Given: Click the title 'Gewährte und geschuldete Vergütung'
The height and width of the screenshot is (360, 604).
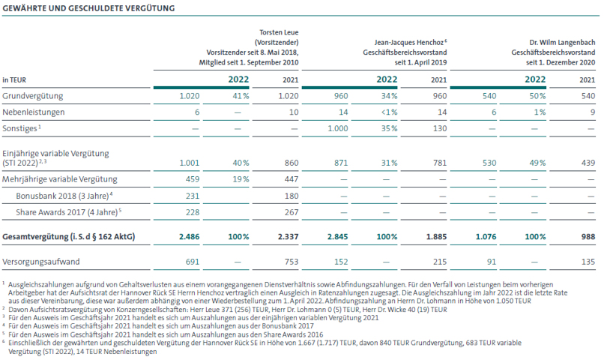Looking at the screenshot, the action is click(x=88, y=8).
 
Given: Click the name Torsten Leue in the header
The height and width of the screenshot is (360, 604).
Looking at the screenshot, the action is click(x=279, y=32).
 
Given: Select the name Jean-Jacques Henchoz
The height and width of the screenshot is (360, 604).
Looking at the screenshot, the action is click(x=408, y=43).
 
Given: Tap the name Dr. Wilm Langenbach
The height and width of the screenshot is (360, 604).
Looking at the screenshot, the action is click(x=562, y=43).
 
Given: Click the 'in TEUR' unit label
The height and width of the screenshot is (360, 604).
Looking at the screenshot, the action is click(x=14, y=80).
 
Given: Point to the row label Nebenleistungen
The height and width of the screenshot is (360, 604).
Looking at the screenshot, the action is click(x=34, y=112).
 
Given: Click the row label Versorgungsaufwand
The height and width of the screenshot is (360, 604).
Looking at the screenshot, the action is click(x=41, y=262).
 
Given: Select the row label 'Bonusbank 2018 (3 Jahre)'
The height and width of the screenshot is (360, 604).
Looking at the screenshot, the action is click(x=62, y=196).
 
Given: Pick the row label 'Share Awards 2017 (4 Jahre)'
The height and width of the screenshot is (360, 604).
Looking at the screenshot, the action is click(x=67, y=212).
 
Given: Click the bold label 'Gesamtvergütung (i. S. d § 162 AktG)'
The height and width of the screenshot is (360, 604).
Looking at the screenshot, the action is click(x=68, y=237).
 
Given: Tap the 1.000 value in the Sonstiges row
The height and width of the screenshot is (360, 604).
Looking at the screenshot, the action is click(x=338, y=128).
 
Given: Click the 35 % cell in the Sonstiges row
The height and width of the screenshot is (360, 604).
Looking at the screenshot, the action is click(x=389, y=128).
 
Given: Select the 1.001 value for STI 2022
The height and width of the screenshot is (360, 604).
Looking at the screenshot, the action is click(x=190, y=163).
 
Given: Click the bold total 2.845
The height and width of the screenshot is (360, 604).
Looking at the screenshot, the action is click(x=337, y=237).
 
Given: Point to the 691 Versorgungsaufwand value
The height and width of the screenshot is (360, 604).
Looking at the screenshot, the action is click(x=193, y=262).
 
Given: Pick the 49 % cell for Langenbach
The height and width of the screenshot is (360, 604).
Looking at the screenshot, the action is click(x=537, y=163).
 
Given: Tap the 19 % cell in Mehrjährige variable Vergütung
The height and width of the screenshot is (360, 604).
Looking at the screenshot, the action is click(x=241, y=179).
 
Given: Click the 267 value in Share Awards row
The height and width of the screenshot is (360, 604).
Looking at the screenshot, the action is click(x=292, y=212).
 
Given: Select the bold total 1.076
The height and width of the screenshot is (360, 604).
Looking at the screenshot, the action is click(x=486, y=237).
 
